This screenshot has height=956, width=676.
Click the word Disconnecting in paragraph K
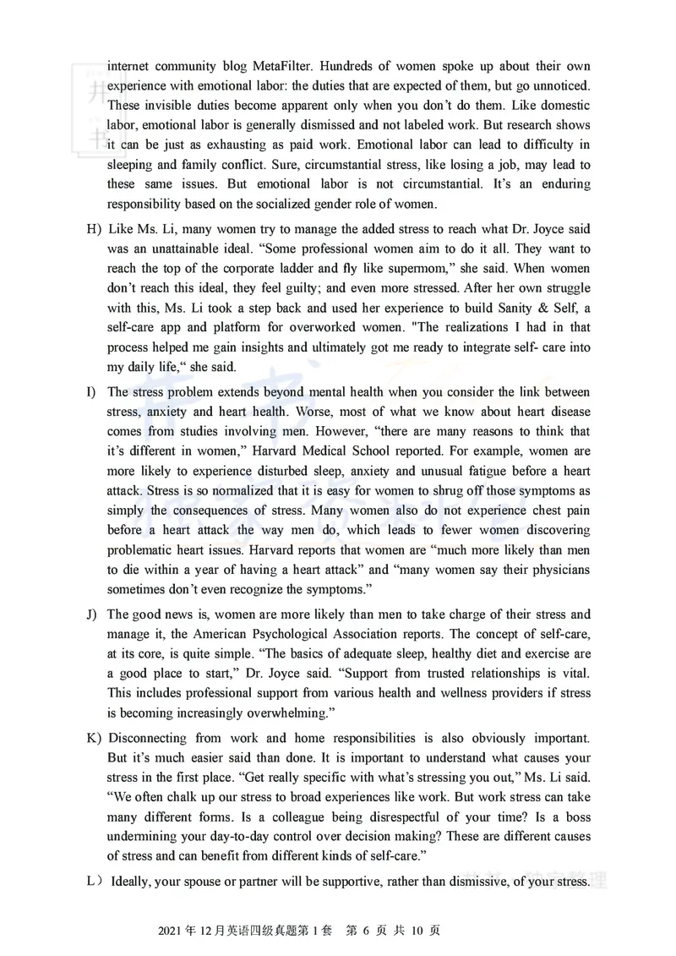click(x=151, y=735)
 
